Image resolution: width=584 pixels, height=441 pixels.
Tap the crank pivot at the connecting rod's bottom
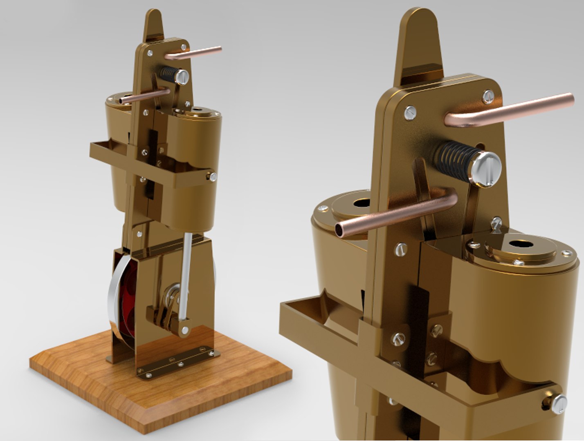[185, 329]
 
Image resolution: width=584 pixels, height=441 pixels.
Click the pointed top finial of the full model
[153, 24]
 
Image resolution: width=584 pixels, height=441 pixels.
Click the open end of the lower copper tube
[341, 230]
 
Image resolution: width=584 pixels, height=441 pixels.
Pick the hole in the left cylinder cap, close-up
[361, 203]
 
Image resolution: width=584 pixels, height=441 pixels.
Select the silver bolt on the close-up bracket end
[559, 404]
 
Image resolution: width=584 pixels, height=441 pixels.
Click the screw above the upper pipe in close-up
[488, 96]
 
